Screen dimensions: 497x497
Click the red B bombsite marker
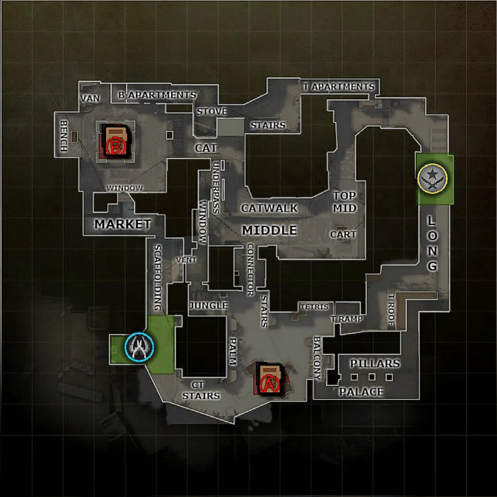tap(115, 147)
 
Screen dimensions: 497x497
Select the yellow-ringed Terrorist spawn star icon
tap(432, 178)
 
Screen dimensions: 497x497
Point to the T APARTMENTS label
tap(339, 86)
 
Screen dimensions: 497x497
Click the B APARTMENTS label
tap(157, 95)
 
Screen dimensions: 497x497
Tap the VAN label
tap(90, 98)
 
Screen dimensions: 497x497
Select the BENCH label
tap(64, 135)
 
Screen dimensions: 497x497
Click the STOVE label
tap(212, 111)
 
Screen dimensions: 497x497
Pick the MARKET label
tap(123, 224)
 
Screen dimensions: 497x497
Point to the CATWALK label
tap(269, 208)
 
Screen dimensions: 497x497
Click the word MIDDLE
tap(269, 230)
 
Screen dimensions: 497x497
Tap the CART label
tap(343, 234)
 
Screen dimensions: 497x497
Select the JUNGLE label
tap(209, 305)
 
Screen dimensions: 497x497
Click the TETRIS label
tap(315, 307)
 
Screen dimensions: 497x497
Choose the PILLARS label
tap(375, 363)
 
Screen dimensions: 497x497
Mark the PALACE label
tap(361, 392)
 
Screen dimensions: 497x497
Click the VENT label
tap(186, 260)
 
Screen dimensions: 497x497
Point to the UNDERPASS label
tap(216, 187)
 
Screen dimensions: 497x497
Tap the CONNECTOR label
tap(250, 269)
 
